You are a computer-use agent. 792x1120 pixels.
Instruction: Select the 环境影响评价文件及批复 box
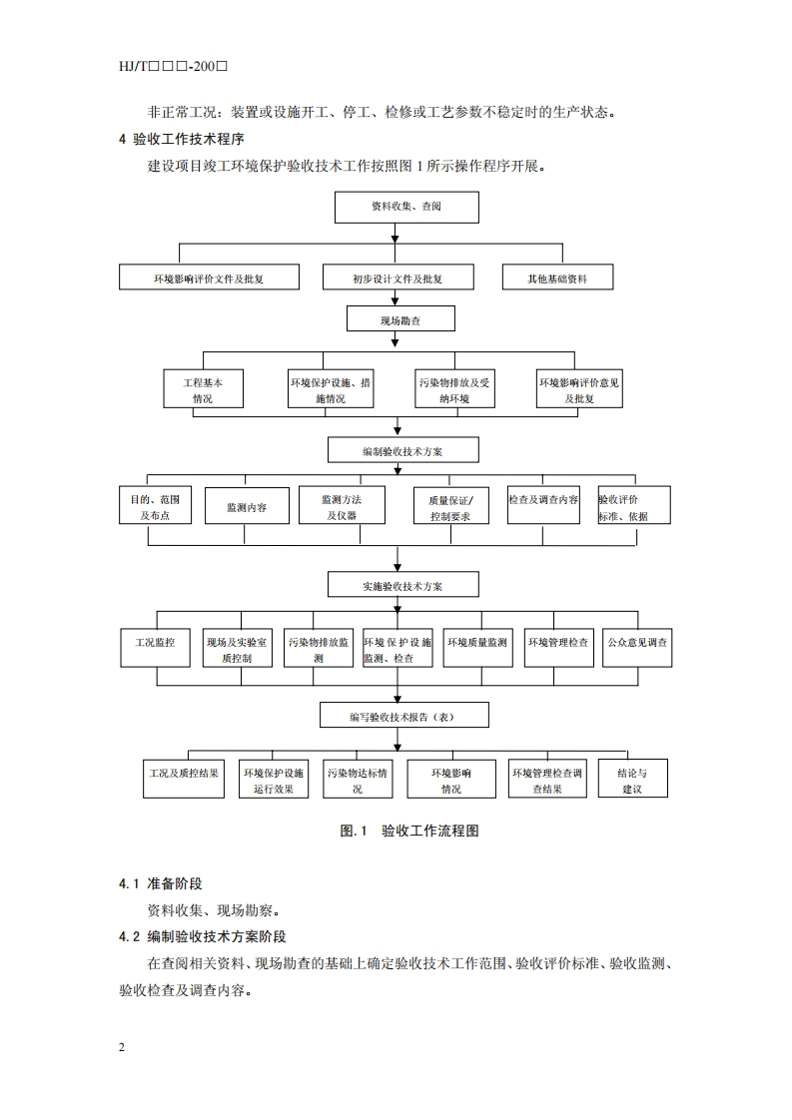point(209,278)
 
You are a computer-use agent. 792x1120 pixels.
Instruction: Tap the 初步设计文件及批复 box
point(396,278)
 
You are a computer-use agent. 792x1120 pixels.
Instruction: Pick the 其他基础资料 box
point(557,278)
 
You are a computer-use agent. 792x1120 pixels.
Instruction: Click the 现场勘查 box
point(400,319)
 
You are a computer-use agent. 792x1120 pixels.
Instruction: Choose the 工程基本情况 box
point(203,389)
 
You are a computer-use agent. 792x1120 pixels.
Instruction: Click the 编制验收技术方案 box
point(402,450)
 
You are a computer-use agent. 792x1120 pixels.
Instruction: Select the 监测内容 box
point(247,506)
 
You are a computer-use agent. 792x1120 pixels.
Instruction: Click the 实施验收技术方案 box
point(403,584)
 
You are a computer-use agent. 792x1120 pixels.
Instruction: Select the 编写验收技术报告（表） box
point(404,716)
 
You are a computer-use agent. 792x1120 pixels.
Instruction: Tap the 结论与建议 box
point(632,780)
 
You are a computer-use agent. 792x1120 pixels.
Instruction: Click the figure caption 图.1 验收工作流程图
point(409,830)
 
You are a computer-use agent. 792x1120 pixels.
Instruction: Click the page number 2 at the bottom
point(121,1047)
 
